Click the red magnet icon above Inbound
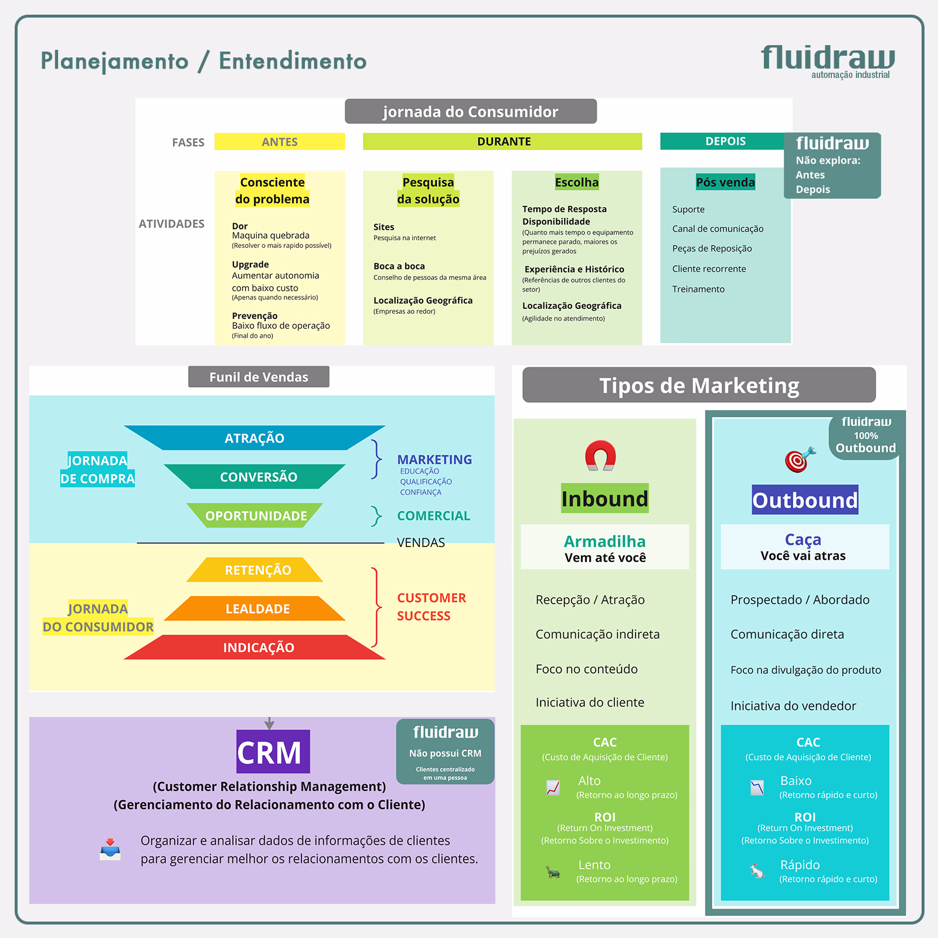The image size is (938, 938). point(600,456)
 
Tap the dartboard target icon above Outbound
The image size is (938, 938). point(799,460)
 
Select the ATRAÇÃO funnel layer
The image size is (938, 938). point(254,438)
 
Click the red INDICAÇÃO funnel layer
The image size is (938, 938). point(258,647)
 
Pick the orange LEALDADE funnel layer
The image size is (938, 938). point(257,609)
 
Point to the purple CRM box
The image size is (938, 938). point(273,752)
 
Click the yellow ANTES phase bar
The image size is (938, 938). point(280,141)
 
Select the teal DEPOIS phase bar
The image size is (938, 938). point(725,141)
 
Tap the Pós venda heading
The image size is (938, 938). point(725,182)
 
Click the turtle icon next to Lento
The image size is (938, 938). point(553,872)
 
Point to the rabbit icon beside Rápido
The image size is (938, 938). point(757,871)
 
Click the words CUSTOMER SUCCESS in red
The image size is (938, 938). point(431,607)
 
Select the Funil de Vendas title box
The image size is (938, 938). point(259,377)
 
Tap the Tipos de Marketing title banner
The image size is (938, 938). point(699,385)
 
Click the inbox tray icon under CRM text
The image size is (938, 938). point(110,849)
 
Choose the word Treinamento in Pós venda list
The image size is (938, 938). point(698,289)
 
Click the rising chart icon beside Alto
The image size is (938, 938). point(553,787)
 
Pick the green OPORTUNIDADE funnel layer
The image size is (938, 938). point(256,516)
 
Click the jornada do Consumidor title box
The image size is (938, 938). point(470,111)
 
